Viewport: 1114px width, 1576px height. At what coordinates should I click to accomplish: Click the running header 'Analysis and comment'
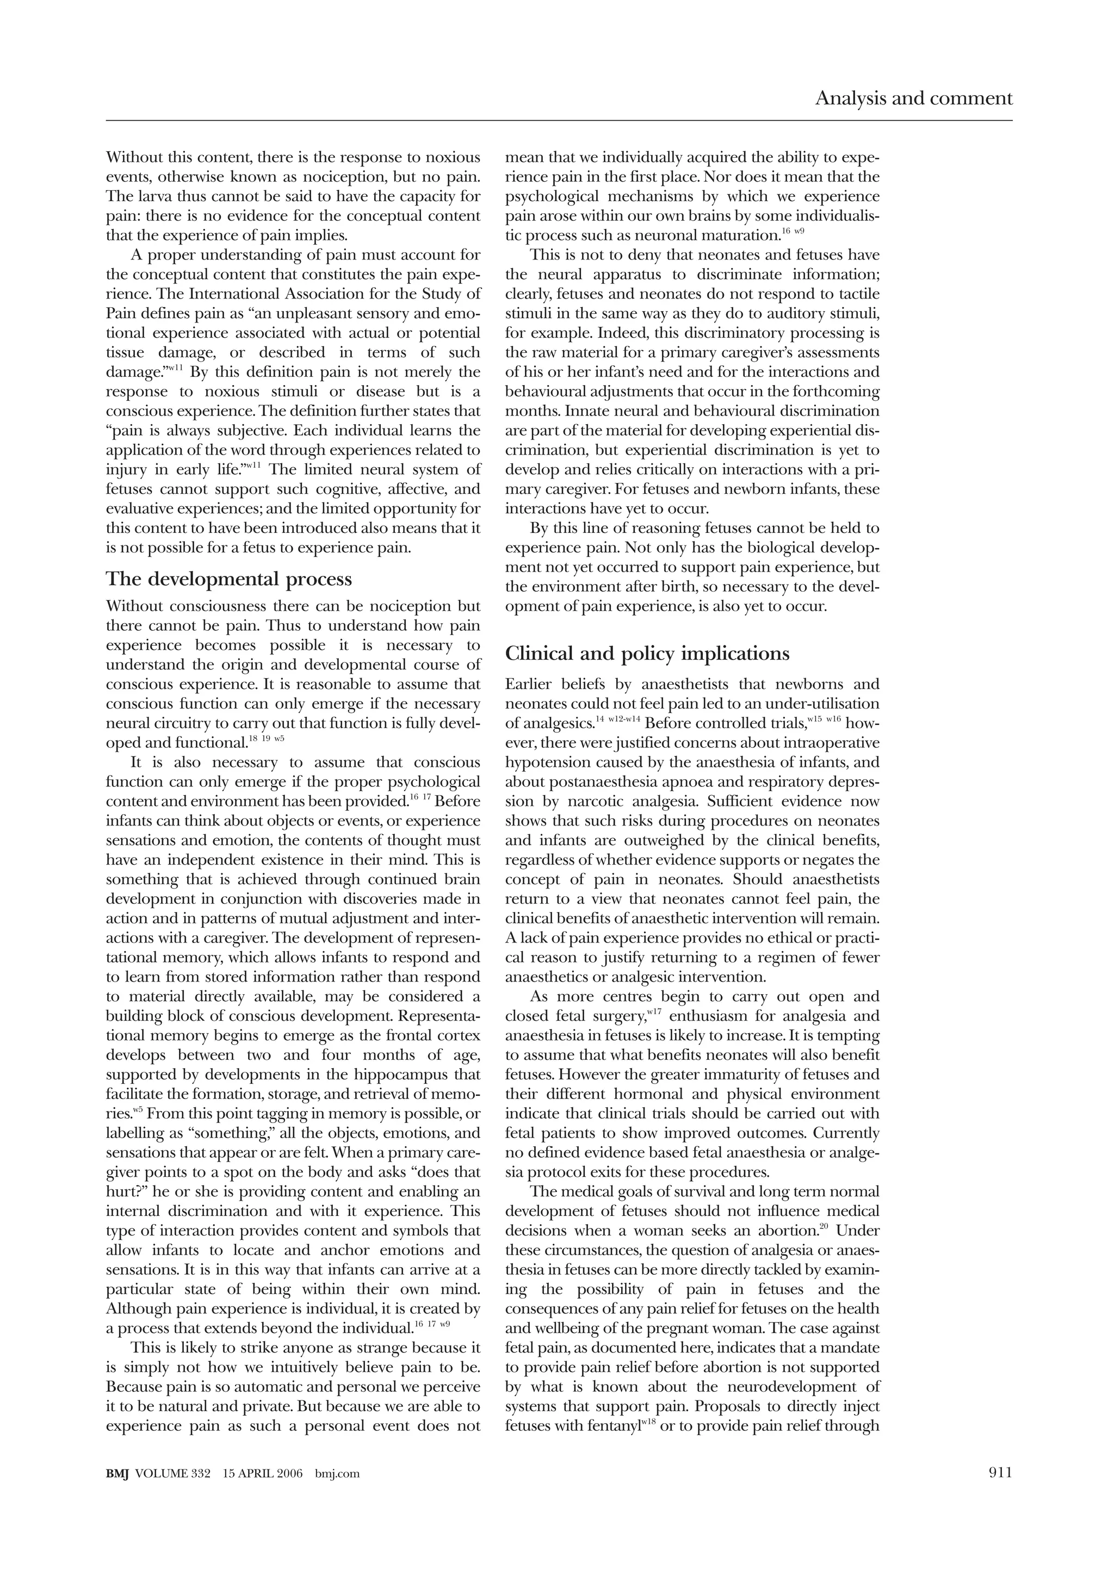tap(913, 99)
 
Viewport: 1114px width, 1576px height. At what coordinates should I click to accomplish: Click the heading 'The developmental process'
tap(228, 579)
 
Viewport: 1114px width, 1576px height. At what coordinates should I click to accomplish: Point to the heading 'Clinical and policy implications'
tap(647, 654)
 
